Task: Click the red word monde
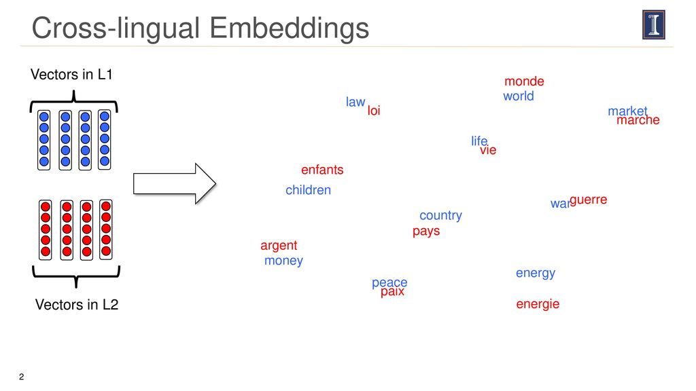tap(524, 81)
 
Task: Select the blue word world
tap(519, 96)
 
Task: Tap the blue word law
tap(355, 102)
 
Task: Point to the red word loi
tap(374, 111)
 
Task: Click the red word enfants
tap(322, 170)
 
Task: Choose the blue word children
tap(308, 190)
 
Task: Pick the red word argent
tap(279, 246)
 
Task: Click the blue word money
tap(283, 261)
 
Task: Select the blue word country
tap(440, 215)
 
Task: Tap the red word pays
tap(426, 231)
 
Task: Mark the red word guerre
tap(588, 200)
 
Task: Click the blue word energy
tap(536, 274)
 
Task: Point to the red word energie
tap(538, 304)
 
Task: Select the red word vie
tap(488, 150)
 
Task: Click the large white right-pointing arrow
tap(175, 183)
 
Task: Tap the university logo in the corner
tap(654, 25)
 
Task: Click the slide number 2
tap(21, 377)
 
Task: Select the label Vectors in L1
tap(71, 75)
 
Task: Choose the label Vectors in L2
tap(77, 305)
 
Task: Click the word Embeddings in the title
tap(289, 29)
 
